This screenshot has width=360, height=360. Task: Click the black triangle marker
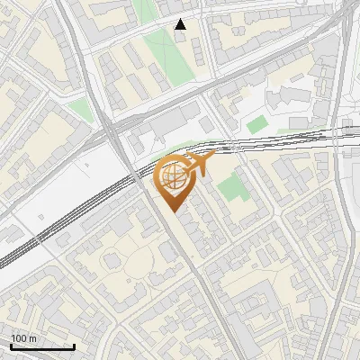click(181, 25)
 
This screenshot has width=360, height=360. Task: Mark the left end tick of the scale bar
click(11, 346)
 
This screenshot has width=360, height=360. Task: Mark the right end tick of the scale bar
click(74, 346)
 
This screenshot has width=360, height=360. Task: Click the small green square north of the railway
click(257, 124)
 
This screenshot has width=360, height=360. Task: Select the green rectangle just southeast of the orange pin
click(230, 188)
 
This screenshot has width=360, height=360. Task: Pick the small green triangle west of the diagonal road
click(81, 110)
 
